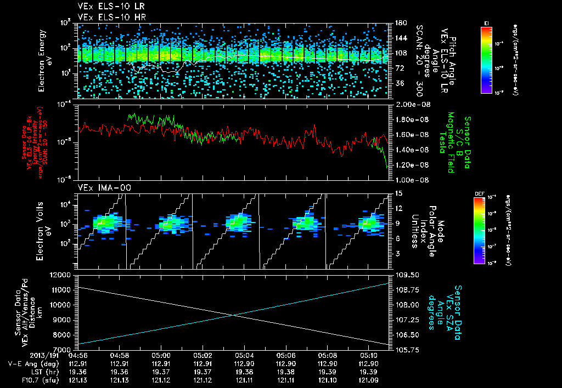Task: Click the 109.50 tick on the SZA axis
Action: [x=405, y=274]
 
